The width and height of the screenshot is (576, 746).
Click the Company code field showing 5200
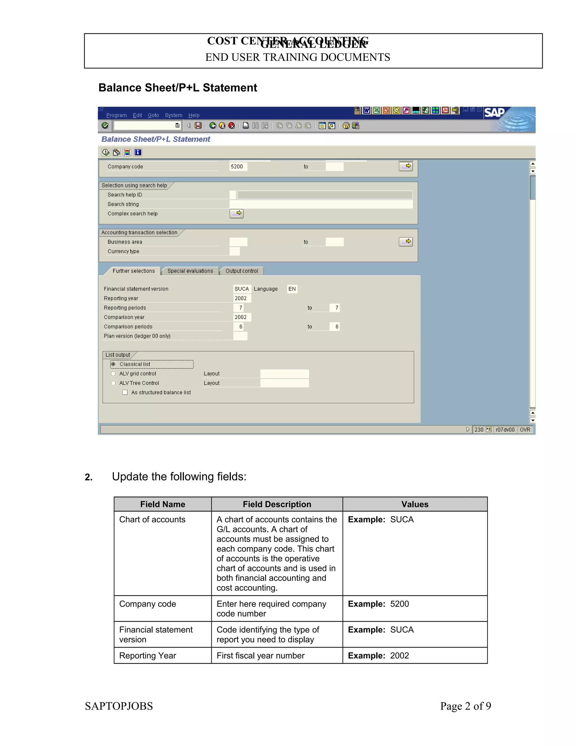click(238, 167)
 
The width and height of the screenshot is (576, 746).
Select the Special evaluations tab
click(190, 271)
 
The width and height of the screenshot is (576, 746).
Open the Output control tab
click(242, 271)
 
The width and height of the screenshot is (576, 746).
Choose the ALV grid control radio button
click(113, 374)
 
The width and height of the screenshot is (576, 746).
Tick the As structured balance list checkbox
click(125, 392)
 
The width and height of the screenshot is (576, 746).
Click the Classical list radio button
click(113, 364)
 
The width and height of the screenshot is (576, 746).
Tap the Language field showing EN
click(292, 289)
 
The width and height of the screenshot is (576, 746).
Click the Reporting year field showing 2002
click(242, 298)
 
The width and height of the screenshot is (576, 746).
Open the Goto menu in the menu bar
click(153, 115)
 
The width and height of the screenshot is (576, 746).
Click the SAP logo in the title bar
click(494, 113)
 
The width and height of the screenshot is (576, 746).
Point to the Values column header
click(415, 504)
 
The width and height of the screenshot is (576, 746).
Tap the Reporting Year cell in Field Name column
click(147, 655)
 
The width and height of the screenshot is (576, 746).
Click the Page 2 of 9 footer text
click(465, 706)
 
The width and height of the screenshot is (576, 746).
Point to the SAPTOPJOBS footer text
click(119, 706)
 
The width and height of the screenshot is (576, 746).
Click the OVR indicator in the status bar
click(525, 430)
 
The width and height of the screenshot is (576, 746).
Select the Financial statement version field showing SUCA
click(242, 289)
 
